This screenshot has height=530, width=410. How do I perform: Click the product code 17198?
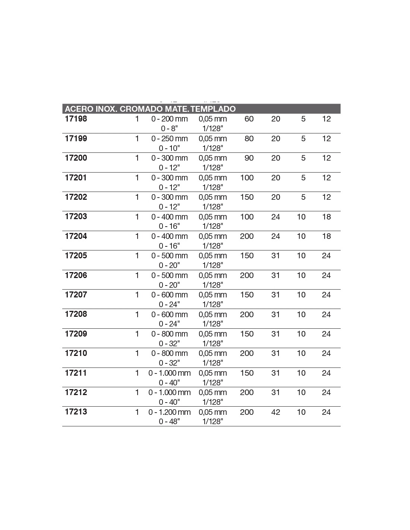point(76,119)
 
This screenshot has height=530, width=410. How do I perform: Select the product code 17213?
point(76,412)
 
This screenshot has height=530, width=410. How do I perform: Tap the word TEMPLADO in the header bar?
point(213,109)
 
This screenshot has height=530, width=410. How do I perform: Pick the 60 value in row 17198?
point(249,119)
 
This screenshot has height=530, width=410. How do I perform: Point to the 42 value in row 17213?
point(275,412)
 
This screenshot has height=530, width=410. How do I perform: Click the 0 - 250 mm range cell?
point(169,139)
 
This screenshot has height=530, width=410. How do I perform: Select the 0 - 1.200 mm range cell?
point(169,412)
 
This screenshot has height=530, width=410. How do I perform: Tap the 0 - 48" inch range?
point(169,422)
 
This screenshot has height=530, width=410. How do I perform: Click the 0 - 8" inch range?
point(169,129)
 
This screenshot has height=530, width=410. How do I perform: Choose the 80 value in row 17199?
point(249,139)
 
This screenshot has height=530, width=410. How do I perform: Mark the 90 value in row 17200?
point(249,158)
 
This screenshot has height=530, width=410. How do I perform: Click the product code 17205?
point(76,256)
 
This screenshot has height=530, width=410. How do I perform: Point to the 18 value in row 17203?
point(327,217)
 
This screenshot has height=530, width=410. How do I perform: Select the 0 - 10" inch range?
point(169,148)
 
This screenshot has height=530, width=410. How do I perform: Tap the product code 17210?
point(76,353)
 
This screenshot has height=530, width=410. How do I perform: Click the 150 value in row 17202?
point(247,197)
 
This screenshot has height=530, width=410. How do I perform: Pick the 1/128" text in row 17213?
point(212,422)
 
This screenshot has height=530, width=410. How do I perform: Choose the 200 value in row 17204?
point(247,236)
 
